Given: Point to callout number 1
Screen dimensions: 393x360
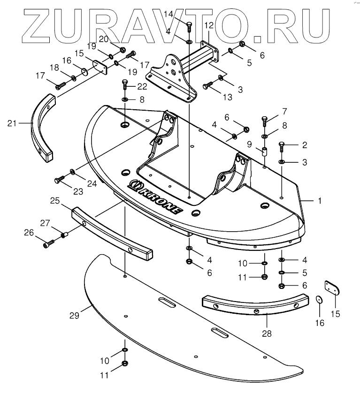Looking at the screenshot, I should click(x=320, y=201).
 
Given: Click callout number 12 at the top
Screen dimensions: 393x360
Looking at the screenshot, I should click(x=208, y=25).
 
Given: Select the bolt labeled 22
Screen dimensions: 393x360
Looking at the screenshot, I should click(x=125, y=86).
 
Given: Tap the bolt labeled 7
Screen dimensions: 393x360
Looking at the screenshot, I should click(x=264, y=120).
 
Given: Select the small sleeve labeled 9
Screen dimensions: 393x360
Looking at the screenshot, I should click(x=264, y=152).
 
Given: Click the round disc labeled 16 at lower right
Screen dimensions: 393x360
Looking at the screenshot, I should click(x=319, y=300).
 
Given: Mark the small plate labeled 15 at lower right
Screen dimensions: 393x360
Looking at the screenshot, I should click(x=332, y=287).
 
